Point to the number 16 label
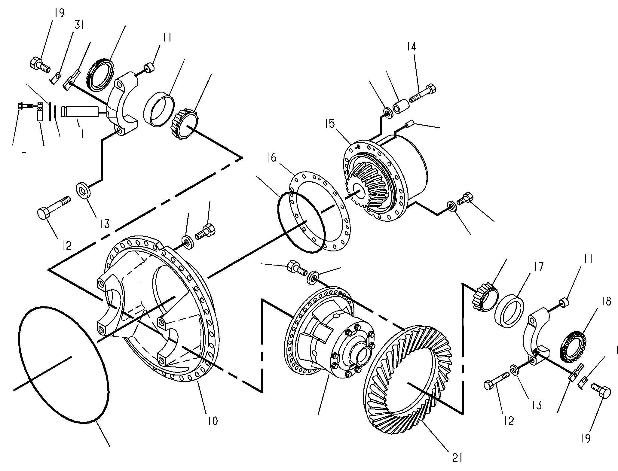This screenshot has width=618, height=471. pyautogui.click(x=271, y=157)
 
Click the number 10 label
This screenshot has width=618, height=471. pyautogui.click(x=212, y=421)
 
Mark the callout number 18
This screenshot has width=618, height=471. pyautogui.click(x=606, y=301)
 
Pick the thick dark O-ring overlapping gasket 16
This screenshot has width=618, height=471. pyautogui.click(x=301, y=223)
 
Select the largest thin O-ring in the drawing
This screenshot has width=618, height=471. pyautogui.click(x=64, y=365)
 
